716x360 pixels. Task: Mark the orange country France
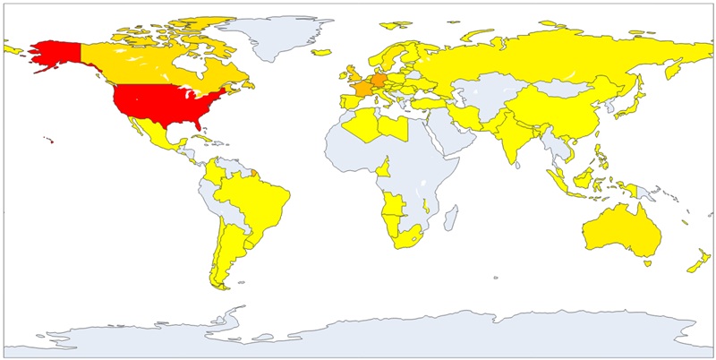(x=363, y=90)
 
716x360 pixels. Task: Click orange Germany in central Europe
(x=379, y=81)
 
